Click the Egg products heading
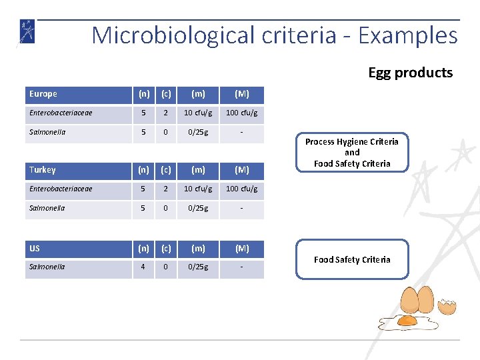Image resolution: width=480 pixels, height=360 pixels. point(410,73)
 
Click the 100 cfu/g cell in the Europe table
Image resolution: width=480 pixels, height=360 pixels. point(242,113)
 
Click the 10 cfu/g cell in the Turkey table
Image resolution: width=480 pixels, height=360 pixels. point(198,189)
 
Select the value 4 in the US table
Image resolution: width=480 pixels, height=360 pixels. point(143,267)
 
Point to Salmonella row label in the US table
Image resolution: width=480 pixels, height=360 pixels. point(47,267)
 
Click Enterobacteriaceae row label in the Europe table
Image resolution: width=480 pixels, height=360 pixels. point(61,113)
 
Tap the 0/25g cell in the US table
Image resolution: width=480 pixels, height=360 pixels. point(198,267)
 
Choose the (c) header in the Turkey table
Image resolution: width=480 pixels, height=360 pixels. point(165,170)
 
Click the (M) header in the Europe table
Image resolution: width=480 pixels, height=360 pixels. point(242,95)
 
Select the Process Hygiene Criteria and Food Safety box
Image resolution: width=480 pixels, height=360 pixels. point(352,153)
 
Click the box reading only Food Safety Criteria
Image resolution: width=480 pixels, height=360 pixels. point(352,259)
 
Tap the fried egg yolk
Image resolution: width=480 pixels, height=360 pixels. point(407,321)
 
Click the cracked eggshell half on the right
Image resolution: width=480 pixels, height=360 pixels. point(449,307)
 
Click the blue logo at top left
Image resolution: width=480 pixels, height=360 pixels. point(27,32)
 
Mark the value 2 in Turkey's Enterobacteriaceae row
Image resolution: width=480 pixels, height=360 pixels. point(165,189)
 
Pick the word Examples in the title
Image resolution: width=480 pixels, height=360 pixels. point(408,35)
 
